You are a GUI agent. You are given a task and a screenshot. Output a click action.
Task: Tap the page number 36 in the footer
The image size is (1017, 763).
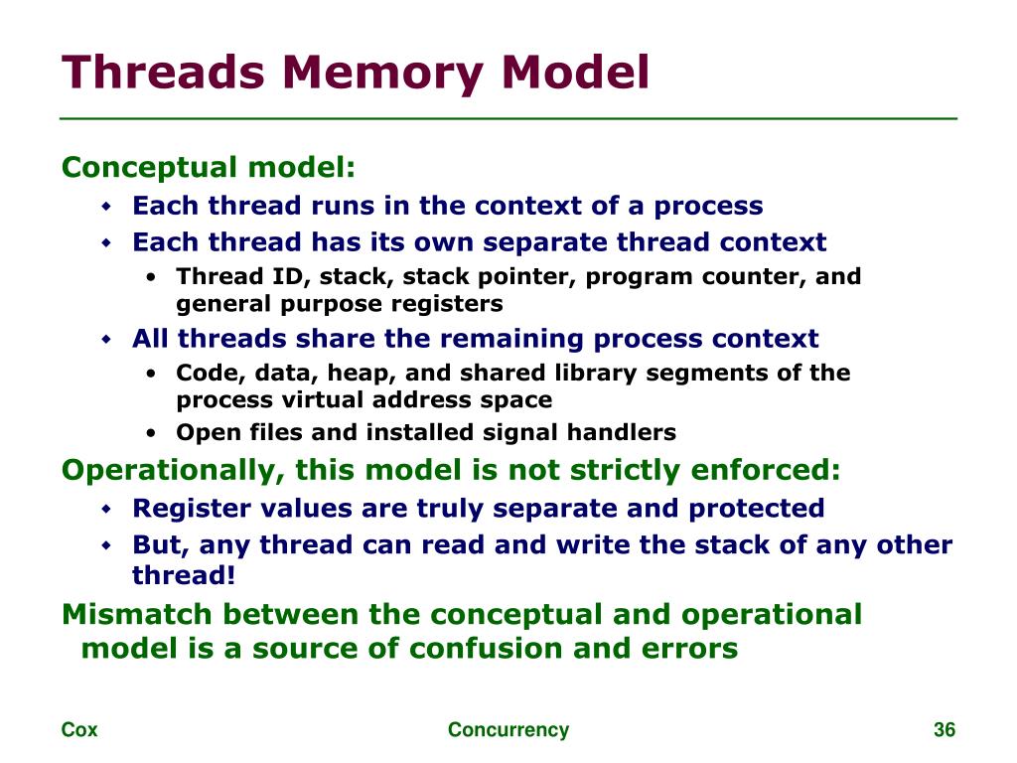(944, 730)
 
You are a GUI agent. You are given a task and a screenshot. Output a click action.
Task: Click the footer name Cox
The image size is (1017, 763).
(79, 730)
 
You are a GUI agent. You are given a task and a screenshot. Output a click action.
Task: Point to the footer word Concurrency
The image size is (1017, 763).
(508, 730)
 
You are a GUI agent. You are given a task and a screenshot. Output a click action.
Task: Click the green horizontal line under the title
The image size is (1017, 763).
(508, 118)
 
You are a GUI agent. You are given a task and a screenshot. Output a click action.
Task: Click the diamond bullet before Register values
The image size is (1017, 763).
(108, 509)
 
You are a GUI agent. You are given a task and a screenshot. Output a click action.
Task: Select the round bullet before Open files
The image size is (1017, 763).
(150, 433)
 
